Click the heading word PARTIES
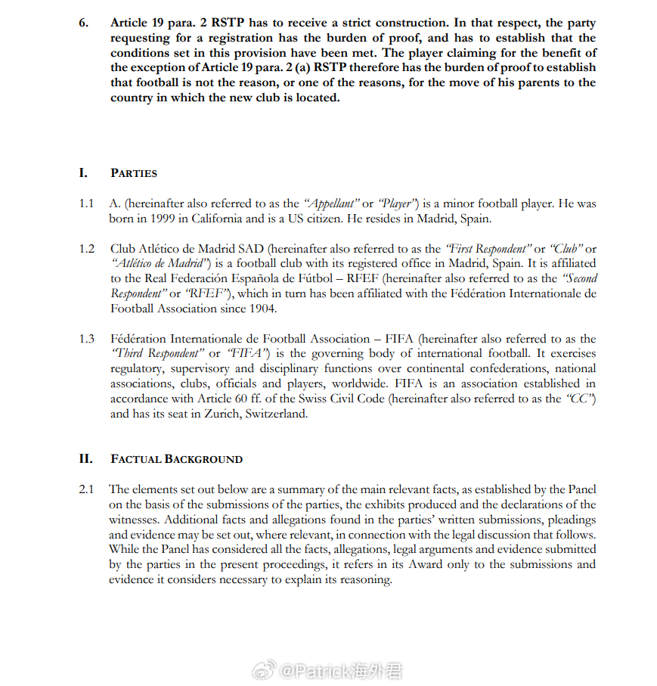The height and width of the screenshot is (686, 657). point(134,173)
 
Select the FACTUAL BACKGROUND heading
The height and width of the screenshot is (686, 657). point(176,459)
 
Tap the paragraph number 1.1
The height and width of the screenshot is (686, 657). point(87,204)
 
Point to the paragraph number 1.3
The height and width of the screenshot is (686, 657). point(87,339)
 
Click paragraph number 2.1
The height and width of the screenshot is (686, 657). point(87,489)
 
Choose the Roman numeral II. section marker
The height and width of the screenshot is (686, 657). point(85,459)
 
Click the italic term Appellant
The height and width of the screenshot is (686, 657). point(330,204)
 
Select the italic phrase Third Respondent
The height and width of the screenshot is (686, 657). point(157,354)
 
